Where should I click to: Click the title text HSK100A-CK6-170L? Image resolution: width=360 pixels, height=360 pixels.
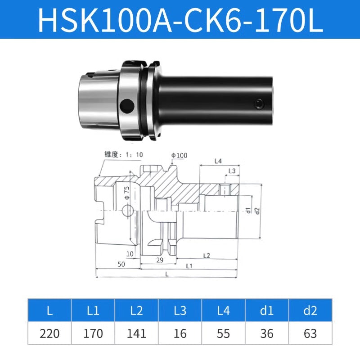point(180,20)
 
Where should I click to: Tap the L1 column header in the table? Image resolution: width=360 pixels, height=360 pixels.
point(93,310)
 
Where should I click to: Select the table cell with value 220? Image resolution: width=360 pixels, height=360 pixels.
point(49,333)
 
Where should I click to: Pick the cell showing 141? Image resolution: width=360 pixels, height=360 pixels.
point(137,333)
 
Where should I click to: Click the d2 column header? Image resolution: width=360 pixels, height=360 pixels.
point(310,310)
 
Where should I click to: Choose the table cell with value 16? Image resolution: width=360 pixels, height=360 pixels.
point(180,333)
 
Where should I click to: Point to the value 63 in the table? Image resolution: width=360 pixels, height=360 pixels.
point(310,333)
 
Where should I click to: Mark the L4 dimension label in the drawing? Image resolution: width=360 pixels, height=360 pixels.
point(218,161)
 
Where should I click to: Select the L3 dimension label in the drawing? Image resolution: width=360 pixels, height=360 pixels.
point(232,171)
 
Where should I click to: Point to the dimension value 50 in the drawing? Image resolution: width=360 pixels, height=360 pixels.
point(121,265)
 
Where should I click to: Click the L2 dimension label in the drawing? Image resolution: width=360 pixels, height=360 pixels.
point(207,256)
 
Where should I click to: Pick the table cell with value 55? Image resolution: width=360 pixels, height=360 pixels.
point(224,333)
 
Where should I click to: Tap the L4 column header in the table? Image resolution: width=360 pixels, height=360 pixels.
point(224,310)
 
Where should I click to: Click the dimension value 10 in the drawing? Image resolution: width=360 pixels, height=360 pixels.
point(130,254)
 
